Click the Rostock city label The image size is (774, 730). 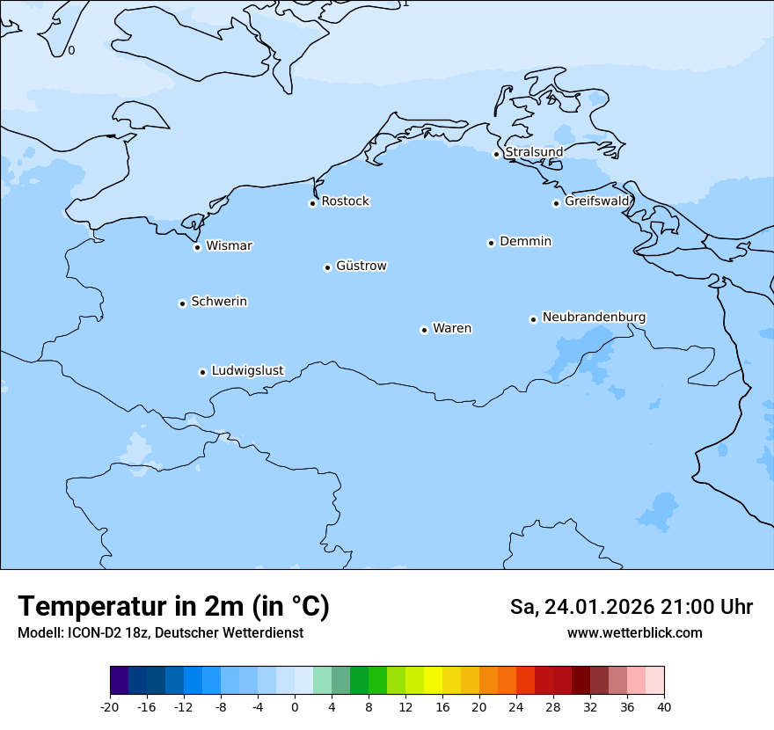click(345, 201)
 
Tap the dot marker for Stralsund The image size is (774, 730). click(496, 154)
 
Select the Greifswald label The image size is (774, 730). click(597, 201)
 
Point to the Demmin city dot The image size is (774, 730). click(491, 243)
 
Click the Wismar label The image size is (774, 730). click(229, 246)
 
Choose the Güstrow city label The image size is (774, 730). click(361, 266)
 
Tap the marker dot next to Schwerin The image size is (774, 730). click(182, 303)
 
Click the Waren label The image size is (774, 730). click(452, 329)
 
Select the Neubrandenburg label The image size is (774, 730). click(594, 318)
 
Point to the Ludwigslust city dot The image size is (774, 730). click(202, 372)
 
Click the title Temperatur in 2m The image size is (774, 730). click(173, 607)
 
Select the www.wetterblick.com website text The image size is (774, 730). click(634, 633)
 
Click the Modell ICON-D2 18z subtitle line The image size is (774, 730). click(160, 633)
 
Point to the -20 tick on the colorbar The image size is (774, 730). click(110, 707)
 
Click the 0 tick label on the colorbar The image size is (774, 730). click(295, 707)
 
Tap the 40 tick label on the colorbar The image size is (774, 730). click(664, 707)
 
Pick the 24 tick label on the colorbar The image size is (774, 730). click(516, 707)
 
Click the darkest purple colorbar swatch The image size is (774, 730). click(119, 681)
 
